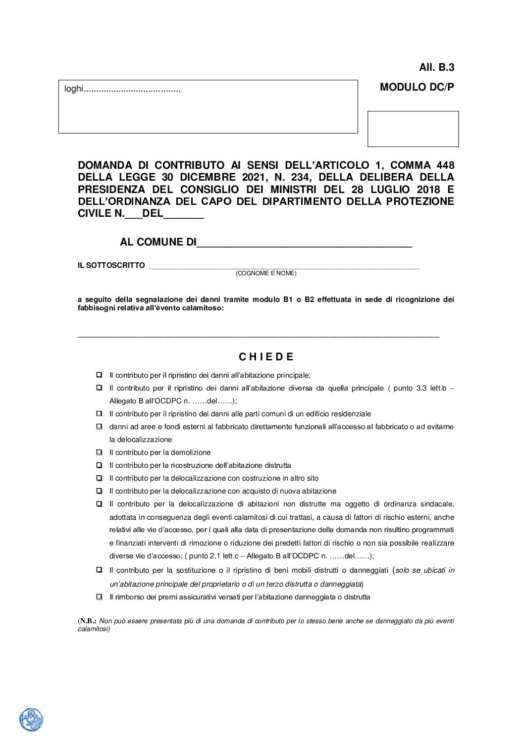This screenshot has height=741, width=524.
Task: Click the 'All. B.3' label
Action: [436, 67]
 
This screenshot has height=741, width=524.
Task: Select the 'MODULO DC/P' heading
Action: [417, 87]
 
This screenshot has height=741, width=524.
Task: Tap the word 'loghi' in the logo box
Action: [73, 89]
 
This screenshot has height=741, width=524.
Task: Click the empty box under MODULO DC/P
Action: [413, 129]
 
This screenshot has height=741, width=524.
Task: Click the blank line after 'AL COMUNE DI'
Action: [304, 243]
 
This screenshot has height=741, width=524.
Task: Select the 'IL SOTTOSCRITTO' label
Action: [111, 265]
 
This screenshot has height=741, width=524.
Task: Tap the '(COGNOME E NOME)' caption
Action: [266, 273]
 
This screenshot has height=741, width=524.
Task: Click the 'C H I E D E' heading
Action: [266, 357]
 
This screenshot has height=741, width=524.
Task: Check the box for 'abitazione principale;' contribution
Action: [100, 375]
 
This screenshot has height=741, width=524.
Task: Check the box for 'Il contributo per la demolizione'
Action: [100, 452]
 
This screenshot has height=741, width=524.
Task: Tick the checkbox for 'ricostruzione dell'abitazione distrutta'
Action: [100, 465]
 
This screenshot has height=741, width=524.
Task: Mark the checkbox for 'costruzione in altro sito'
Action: [100, 478]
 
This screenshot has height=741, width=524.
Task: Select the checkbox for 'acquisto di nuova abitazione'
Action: [100, 491]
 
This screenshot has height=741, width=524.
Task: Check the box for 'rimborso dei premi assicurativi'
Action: [100, 597]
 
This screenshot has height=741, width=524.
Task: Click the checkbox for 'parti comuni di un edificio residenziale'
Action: [100, 413]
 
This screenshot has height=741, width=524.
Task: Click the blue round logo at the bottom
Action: [31, 719]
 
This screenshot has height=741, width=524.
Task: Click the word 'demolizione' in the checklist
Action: [191, 452]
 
